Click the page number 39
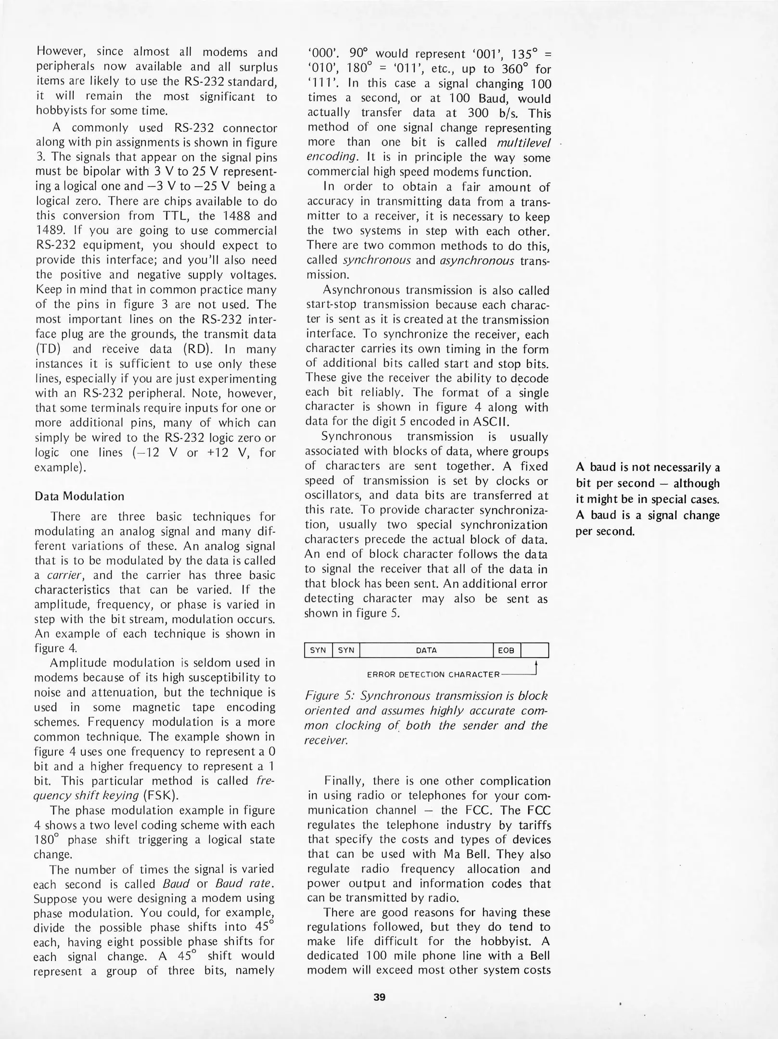(379, 997)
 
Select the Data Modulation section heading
(79, 496)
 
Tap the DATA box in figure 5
(426, 650)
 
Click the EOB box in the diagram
(506, 650)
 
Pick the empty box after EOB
(535, 650)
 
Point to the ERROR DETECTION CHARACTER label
(433, 674)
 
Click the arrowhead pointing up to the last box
(536, 664)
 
